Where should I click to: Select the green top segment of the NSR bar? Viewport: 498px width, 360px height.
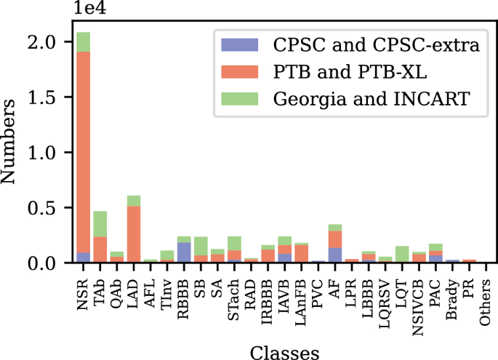point(84,42)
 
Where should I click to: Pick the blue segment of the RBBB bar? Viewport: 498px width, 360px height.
point(184,252)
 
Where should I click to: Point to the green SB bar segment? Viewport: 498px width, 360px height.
point(201,246)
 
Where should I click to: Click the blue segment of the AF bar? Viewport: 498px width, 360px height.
point(334,255)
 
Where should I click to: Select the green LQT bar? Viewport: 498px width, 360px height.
point(402,254)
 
